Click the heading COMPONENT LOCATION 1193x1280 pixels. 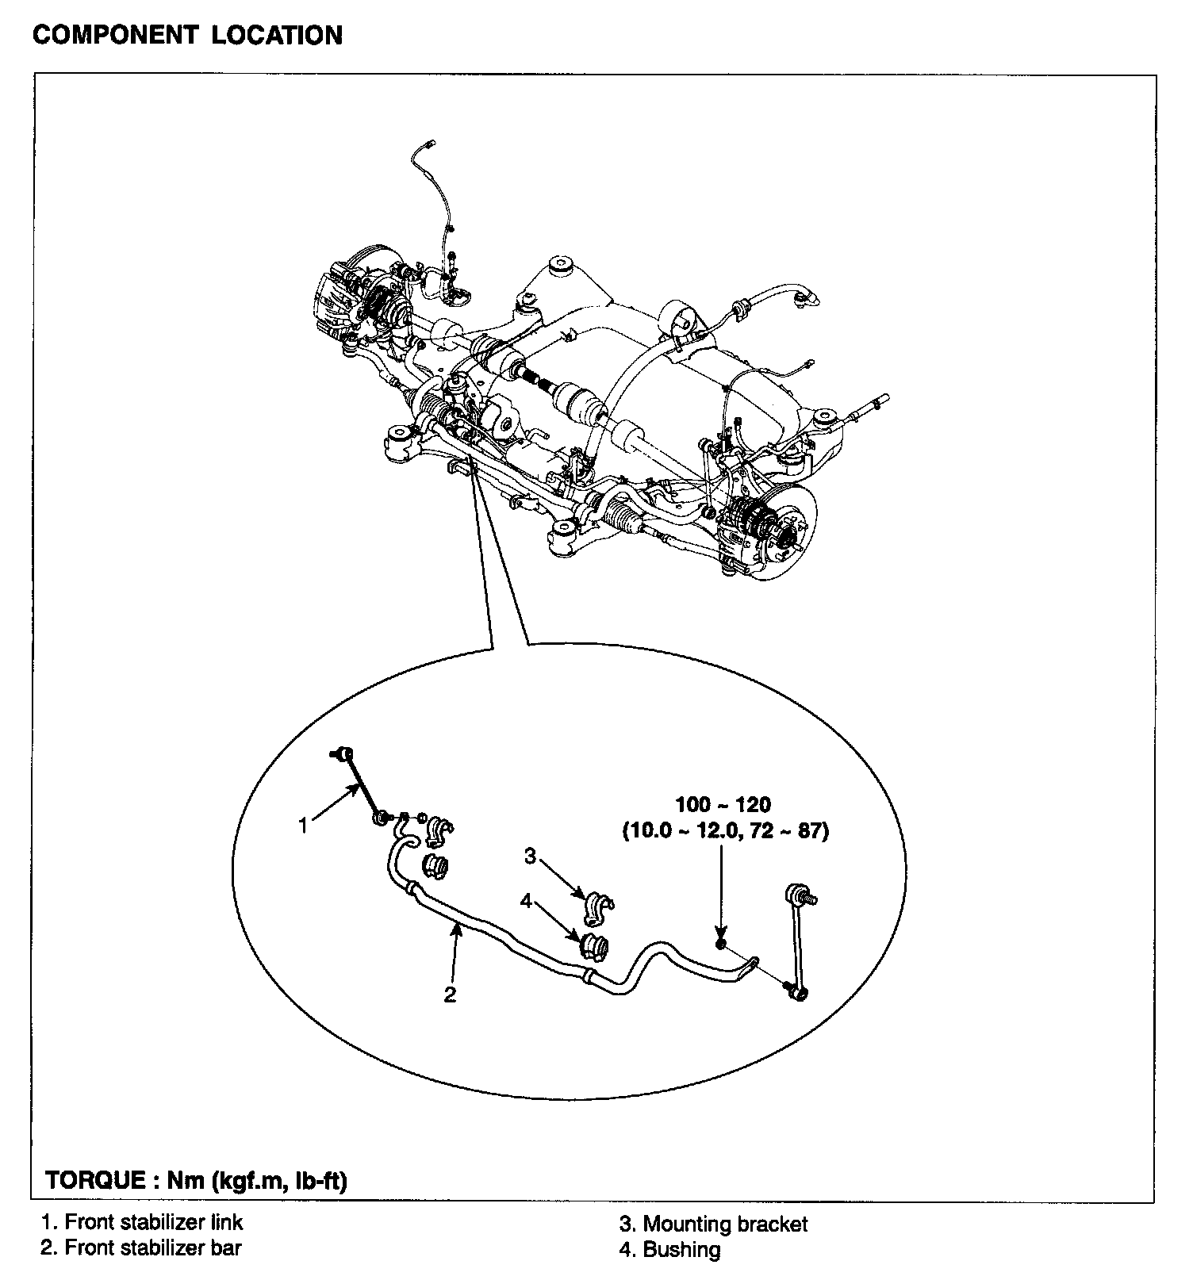coord(187,36)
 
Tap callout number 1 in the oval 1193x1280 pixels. coord(302,825)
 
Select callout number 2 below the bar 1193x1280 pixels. coord(450,994)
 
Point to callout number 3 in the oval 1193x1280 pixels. coord(530,856)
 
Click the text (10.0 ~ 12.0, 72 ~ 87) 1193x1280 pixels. coord(725,832)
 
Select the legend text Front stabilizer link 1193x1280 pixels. coord(153,1222)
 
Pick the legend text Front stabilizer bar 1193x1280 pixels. coord(152,1247)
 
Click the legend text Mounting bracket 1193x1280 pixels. coord(724,1224)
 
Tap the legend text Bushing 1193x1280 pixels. coord(681,1250)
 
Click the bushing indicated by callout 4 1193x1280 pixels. coord(596,945)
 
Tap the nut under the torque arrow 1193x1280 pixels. coord(720,944)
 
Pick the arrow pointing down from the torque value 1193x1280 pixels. coord(720,888)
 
